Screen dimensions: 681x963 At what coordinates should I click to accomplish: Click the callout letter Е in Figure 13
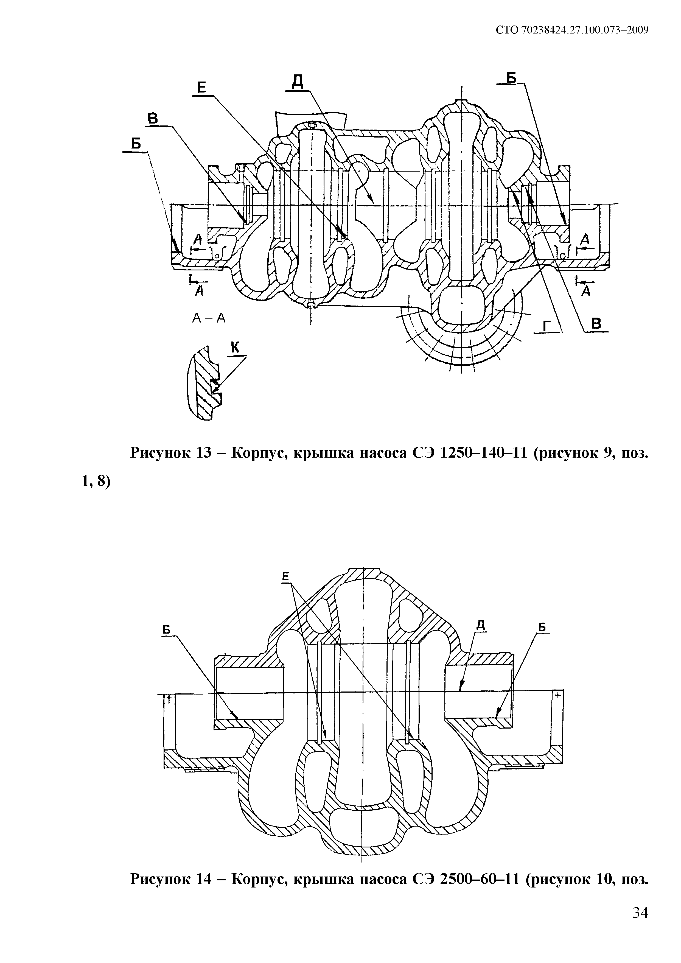[x=202, y=87]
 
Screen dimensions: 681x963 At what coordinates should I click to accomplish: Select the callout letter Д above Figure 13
[x=297, y=82]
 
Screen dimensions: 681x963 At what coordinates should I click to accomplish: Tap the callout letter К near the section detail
[x=235, y=347]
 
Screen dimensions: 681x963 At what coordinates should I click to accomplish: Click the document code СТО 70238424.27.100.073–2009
[x=572, y=30]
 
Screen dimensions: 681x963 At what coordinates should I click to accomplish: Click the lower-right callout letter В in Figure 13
[x=596, y=324]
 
